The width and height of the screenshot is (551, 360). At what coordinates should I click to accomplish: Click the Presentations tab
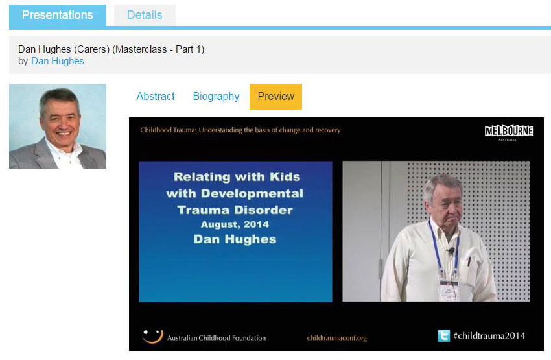click(58, 15)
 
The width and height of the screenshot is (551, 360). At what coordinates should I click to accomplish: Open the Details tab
click(145, 15)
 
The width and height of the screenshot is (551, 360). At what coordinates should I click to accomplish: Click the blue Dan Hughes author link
click(58, 61)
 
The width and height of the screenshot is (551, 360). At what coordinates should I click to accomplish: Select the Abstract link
click(156, 97)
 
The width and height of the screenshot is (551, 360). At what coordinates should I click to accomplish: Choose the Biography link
click(216, 97)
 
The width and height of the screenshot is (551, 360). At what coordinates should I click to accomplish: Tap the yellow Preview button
click(276, 97)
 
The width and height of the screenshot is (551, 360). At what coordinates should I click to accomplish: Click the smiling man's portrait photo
click(58, 126)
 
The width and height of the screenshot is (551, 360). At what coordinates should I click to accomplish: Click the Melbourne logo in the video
click(509, 132)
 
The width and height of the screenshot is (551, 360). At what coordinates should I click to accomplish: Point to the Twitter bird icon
click(444, 335)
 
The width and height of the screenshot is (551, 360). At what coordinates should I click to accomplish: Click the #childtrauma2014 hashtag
click(489, 336)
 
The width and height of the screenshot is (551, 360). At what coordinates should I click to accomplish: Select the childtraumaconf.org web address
click(336, 338)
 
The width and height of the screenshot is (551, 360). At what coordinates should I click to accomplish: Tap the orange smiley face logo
click(153, 336)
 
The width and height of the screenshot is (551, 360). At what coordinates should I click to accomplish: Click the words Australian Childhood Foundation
click(217, 338)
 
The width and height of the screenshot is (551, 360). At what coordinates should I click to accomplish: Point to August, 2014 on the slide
click(235, 224)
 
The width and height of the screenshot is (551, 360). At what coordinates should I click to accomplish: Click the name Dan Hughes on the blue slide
click(235, 239)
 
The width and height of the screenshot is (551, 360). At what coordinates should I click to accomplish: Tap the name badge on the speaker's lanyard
click(449, 290)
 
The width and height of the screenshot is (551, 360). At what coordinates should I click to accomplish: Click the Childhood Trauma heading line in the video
click(240, 130)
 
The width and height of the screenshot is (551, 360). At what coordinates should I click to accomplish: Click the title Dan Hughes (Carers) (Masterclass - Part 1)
click(111, 49)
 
